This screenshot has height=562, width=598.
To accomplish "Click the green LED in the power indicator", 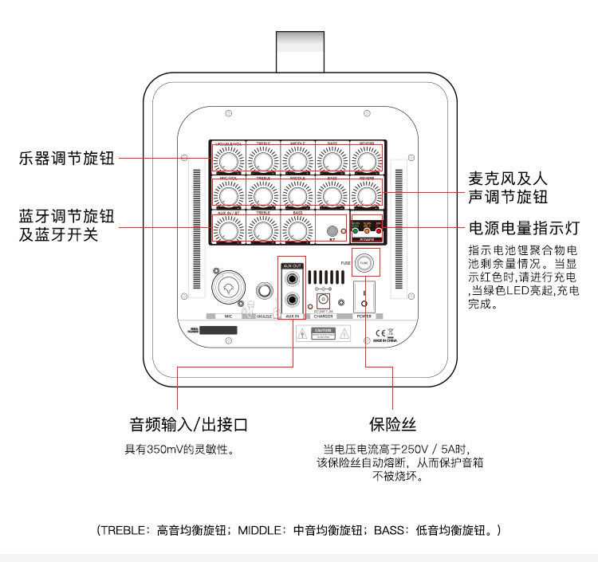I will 355,231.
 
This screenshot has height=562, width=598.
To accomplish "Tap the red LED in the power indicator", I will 379,231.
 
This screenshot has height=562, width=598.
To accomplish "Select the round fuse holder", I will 364,262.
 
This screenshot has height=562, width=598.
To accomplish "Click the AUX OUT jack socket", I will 293,279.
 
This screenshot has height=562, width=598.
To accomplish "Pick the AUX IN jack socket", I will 293,301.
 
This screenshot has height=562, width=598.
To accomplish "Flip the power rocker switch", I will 364,297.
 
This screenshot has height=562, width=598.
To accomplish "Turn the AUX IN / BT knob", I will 229,230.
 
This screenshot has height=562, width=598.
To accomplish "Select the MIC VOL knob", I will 229,194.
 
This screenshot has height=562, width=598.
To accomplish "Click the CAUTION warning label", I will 323,333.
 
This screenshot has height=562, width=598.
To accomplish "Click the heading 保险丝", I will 392,423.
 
